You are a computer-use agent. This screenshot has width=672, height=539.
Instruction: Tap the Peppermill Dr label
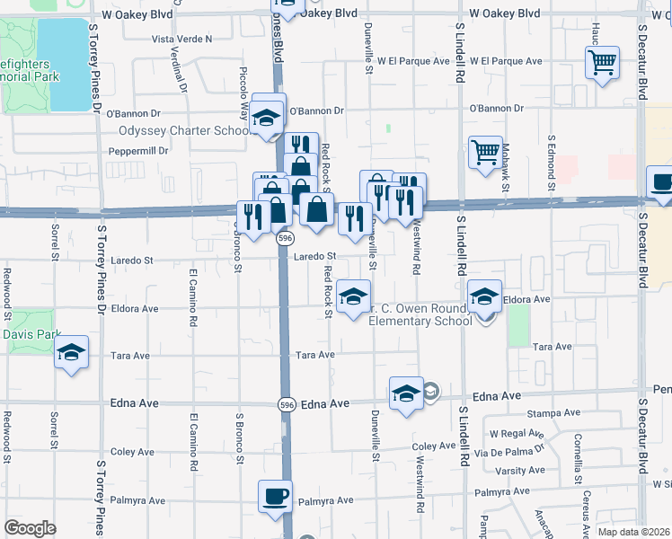138,151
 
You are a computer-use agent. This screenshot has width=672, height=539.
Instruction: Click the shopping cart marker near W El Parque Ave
602,64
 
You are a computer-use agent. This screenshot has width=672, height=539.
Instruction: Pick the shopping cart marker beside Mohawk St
485,153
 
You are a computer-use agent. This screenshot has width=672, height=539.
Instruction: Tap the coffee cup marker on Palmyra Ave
275,496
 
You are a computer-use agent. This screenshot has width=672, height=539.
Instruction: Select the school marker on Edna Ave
406,393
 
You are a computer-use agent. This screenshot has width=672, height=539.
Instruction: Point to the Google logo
30,528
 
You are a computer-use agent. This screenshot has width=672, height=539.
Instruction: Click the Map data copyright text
633,531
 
